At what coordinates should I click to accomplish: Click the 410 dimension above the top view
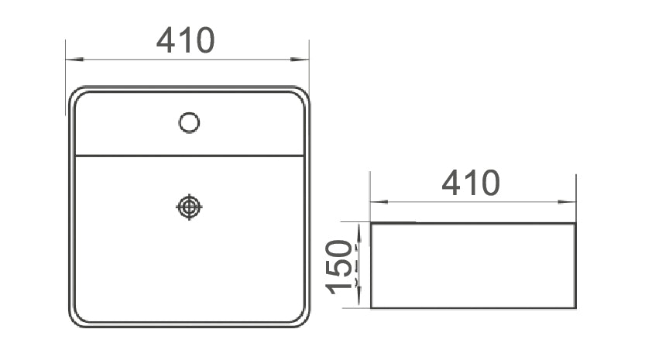185,40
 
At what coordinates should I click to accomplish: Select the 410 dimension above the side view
471,183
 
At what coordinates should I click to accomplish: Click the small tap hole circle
189,122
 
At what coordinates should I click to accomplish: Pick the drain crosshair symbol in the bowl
189,207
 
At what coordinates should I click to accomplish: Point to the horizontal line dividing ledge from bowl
189,156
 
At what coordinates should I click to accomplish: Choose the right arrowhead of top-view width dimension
304,59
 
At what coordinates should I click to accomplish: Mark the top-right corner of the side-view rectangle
575,224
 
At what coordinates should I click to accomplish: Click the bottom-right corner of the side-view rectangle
575,307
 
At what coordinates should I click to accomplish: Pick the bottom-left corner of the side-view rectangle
372,307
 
